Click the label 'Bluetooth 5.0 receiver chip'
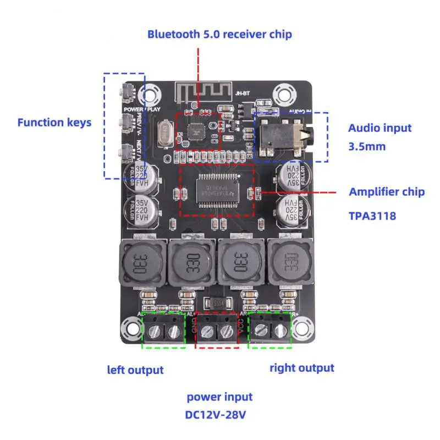click(219, 34)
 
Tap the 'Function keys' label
click(54, 122)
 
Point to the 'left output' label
click(135, 370)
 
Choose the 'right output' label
click(301, 367)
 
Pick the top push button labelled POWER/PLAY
click(127, 92)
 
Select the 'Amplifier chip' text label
click(387, 192)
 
